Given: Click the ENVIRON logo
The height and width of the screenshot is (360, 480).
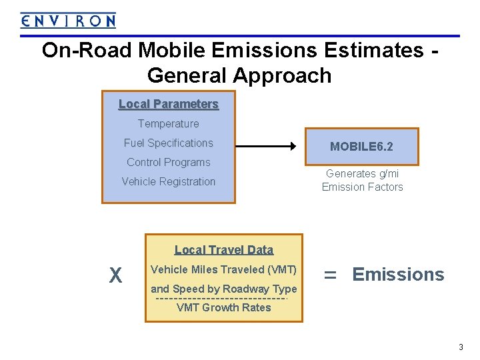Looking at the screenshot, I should [68, 21].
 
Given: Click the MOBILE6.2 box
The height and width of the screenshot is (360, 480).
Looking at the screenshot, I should [362, 147].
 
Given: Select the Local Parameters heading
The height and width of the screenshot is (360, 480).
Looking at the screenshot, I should [169, 104].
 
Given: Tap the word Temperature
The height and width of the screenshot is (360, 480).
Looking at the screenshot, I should [169, 123].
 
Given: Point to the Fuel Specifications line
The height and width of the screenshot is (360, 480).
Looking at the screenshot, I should [169, 143].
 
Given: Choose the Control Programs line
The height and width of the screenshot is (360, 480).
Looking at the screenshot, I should [169, 162].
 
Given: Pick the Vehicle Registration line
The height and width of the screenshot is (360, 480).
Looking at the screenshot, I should [169, 181].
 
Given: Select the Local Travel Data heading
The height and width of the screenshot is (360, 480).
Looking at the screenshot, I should [224, 250].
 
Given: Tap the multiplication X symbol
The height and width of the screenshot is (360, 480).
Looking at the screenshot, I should [115, 275].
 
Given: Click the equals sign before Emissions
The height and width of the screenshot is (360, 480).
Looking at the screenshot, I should [329, 275].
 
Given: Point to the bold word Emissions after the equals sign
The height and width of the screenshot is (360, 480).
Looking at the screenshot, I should [398, 275].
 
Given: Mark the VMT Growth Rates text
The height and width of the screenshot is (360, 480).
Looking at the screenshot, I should [224, 308].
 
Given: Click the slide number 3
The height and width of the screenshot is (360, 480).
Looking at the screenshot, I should [461, 347].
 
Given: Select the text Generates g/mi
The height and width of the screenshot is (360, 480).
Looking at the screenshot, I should [362, 173].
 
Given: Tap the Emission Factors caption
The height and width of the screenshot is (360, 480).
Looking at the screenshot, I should [362, 187].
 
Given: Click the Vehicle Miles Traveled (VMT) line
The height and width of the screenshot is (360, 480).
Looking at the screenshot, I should [224, 269].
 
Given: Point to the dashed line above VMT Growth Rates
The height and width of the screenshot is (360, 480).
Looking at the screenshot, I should [221, 298].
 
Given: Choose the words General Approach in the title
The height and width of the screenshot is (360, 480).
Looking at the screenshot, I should [239, 75].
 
